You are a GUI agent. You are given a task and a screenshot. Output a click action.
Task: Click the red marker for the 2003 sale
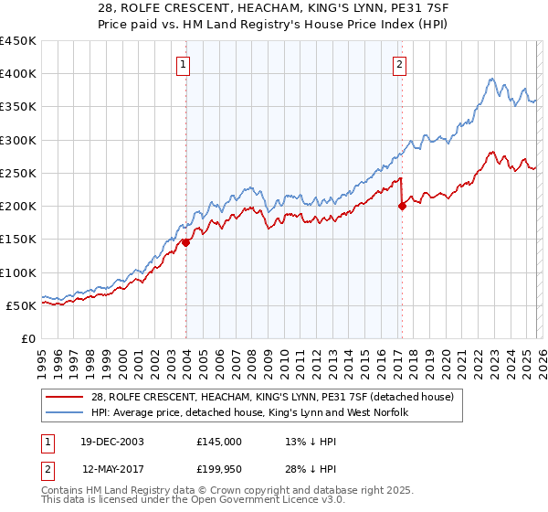[185, 242]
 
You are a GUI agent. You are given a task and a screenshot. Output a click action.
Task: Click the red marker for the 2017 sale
[401, 207]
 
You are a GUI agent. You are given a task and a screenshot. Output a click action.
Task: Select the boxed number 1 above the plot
[185, 64]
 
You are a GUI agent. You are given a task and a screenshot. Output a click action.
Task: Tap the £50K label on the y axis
[21, 305]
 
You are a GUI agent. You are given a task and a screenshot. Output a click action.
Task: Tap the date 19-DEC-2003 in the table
[111, 441]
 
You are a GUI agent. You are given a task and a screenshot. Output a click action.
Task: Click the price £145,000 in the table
[219, 441]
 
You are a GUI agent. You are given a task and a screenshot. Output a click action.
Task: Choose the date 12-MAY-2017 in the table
[111, 469]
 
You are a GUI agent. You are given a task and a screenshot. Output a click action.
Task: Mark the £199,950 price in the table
[219, 469]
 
